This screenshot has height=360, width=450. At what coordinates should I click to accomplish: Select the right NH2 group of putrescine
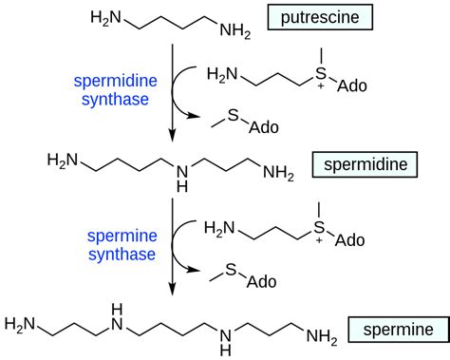coord(236,35)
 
